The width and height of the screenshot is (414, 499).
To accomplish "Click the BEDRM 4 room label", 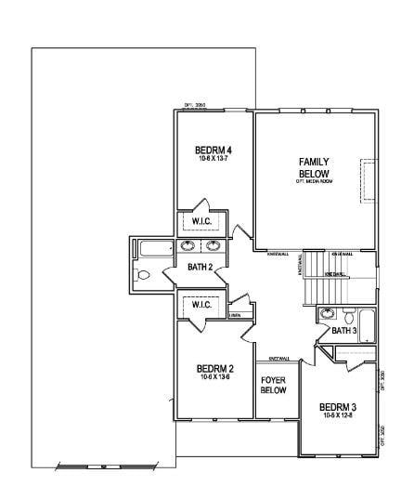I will [x=213, y=151].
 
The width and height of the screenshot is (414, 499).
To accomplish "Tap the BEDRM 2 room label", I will [x=214, y=369].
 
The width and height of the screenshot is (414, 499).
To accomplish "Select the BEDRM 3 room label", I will [x=338, y=407].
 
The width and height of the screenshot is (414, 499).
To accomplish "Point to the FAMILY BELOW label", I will [x=314, y=168].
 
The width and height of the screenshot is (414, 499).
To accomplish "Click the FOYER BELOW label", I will [x=273, y=386].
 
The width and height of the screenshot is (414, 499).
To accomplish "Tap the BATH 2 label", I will [x=201, y=268].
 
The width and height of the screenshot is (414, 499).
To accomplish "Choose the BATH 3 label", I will [x=344, y=330].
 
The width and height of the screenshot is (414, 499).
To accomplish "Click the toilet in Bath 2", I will [x=143, y=275].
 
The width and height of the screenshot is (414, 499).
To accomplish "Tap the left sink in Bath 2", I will [x=188, y=246].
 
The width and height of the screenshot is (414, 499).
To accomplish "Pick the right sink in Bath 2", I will [x=213, y=246].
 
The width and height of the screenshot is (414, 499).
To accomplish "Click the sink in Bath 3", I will [x=327, y=314].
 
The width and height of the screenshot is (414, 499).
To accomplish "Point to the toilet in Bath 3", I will [x=347, y=314].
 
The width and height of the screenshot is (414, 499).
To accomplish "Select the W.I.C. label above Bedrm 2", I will [x=201, y=305].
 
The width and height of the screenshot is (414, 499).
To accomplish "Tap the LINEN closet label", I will [x=237, y=315].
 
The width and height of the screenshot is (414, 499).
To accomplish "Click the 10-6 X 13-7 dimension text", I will [x=213, y=160].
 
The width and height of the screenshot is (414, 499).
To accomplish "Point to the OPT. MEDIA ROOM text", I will [x=314, y=181].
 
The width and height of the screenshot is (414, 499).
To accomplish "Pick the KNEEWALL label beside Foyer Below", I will [x=279, y=359].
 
